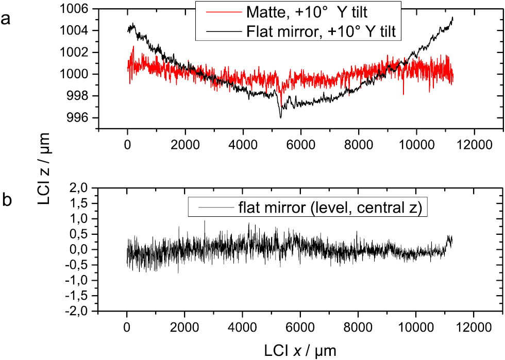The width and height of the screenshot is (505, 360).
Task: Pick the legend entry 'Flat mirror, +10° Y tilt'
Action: tap(320, 31)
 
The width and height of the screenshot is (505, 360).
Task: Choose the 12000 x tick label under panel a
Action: tap(474, 145)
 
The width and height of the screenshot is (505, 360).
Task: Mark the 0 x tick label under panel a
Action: tap(127, 145)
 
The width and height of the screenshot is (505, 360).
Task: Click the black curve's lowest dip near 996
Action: tap(281, 117)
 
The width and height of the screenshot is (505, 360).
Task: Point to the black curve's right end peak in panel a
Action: tap(452, 18)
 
